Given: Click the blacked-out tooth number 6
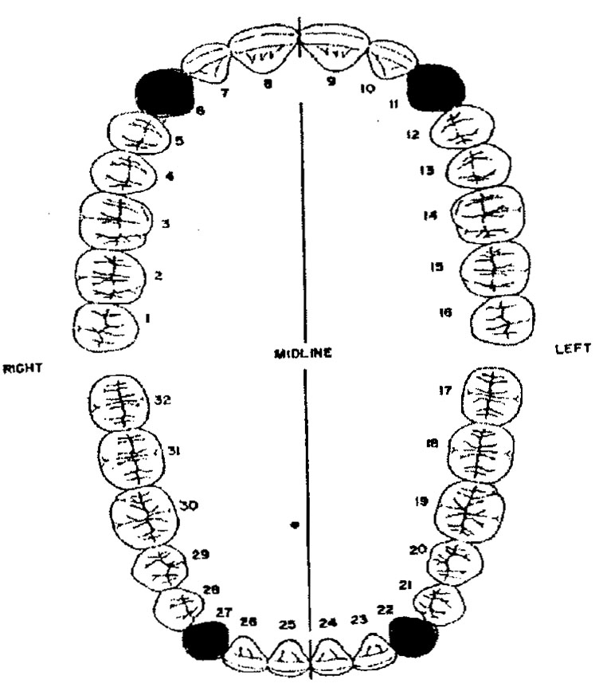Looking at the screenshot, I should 164,91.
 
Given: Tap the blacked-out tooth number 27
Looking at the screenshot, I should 206,639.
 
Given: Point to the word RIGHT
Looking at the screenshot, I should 22,369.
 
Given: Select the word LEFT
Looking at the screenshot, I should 573,349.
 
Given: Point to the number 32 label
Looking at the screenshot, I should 162,400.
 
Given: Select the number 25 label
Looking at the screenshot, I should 287,624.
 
